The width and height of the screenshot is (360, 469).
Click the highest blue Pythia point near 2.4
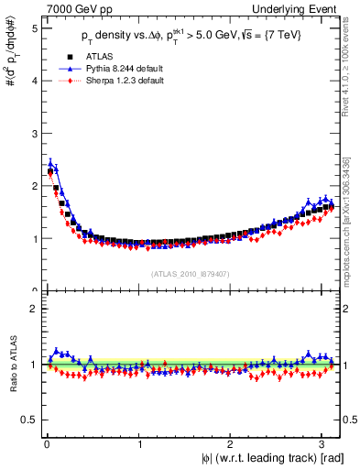click(x=50, y=164)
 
